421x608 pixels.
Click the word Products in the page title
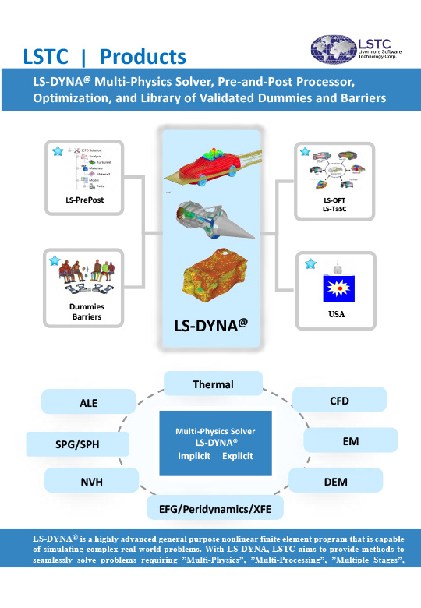point(143,56)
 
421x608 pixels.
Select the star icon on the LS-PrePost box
point(57,151)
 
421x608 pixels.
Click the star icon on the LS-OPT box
point(305,151)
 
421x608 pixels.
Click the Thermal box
point(213,384)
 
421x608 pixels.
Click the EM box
point(345,440)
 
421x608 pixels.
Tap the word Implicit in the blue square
point(195,455)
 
